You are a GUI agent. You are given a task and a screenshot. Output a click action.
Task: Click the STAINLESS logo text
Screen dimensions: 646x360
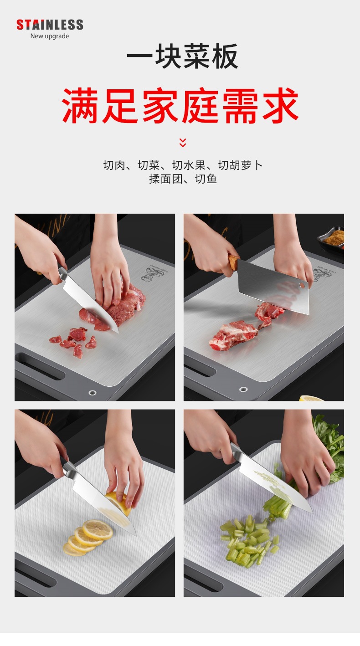tap(50, 25)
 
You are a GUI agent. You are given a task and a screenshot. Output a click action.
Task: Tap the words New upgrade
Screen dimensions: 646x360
tap(50, 36)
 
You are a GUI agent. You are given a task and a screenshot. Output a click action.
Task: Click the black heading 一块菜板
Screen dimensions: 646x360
tap(182, 57)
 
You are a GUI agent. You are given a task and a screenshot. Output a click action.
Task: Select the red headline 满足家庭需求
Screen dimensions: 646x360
tap(180, 105)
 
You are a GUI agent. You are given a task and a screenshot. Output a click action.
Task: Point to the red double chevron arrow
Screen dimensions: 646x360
tap(183, 143)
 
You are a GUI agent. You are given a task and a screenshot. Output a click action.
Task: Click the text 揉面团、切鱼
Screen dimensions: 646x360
tap(183, 179)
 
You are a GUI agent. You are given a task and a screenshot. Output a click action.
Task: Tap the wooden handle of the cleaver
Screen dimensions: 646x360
tap(234, 262)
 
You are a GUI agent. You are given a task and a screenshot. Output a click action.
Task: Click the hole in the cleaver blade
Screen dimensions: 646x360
tap(301, 285)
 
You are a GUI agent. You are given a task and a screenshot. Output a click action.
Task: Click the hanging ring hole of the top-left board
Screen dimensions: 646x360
tap(93, 392)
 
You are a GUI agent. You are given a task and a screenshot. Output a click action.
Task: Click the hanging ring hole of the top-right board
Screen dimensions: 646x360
tap(243, 390)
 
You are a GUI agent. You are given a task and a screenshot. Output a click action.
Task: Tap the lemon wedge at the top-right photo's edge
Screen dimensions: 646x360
tap(311, 398)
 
